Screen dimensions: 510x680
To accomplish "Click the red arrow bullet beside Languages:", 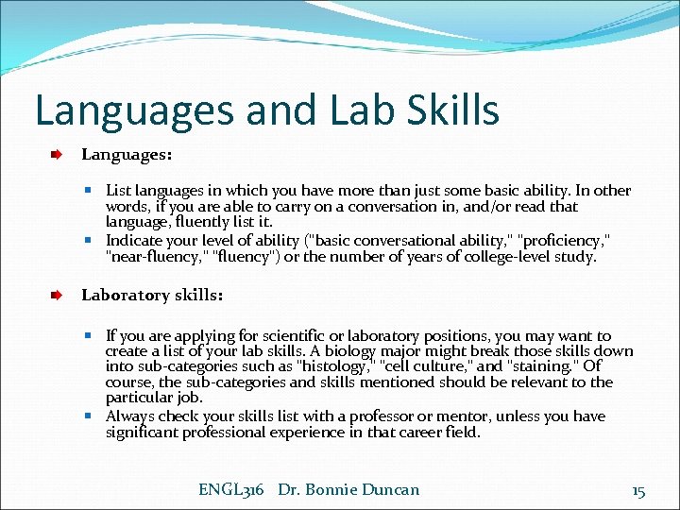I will pyautogui.click(x=58, y=152).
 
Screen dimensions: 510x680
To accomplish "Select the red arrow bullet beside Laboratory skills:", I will pyautogui.click(x=58, y=296).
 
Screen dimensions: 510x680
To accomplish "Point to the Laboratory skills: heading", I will pyautogui.click(x=152, y=296).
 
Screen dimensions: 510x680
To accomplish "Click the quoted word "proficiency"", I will pyautogui.click(x=568, y=240).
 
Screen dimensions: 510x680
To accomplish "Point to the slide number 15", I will pyautogui.click(x=638, y=491).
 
